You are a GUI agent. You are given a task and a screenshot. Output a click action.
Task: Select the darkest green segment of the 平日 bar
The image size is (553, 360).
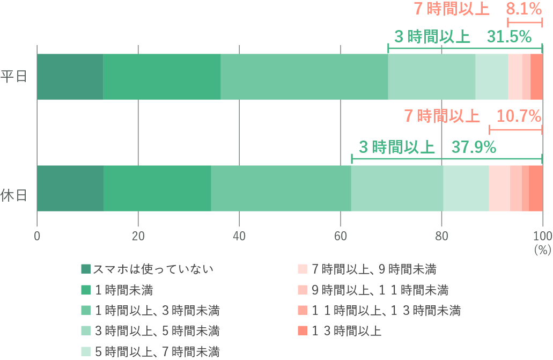click(x=70, y=77)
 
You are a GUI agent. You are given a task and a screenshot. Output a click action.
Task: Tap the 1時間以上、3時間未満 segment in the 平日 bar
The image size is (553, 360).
click(x=304, y=77)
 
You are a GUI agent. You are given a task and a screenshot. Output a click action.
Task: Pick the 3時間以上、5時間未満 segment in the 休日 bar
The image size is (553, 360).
click(x=397, y=188)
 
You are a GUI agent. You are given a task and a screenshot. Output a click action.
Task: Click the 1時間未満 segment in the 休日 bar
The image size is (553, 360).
click(x=157, y=188)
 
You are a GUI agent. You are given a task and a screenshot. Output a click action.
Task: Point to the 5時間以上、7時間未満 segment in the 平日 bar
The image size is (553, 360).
click(x=491, y=77)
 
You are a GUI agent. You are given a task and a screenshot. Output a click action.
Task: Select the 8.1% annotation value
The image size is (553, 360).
click(x=525, y=9)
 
